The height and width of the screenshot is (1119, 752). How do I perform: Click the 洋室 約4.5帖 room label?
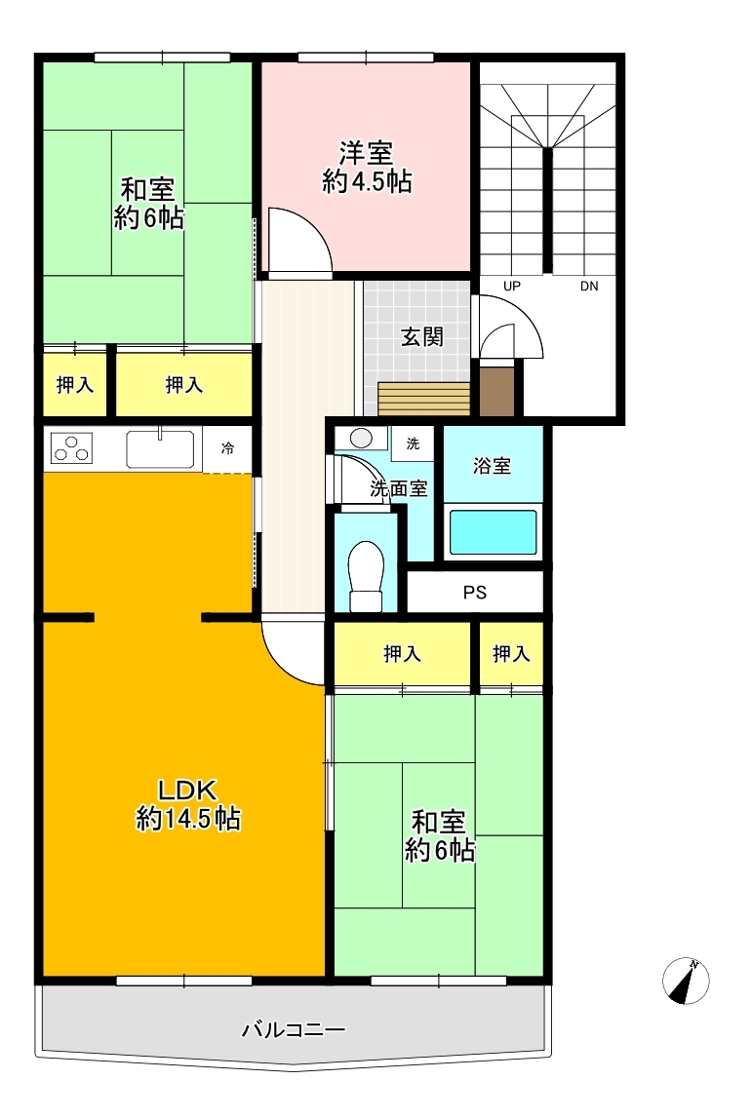tap(367, 168)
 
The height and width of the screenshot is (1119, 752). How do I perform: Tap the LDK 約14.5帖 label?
tap(188, 804)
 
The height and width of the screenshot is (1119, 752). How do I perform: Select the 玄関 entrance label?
tap(422, 337)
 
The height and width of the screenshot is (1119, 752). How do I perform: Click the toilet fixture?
tap(367, 576)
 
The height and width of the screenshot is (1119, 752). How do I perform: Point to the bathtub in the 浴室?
tap(492, 531)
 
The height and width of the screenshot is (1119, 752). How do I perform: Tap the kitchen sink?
tap(161, 447)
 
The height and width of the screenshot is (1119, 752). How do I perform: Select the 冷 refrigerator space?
tap(227, 449)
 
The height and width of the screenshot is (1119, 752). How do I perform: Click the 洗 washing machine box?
tap(412, 444)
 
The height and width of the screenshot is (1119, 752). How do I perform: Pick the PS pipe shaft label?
tap(475, 593)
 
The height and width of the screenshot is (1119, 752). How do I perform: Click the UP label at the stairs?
tap(512, 287)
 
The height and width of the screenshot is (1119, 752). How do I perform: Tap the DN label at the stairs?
tap(589, 287)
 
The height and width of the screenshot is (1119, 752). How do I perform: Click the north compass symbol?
tap(686, 981)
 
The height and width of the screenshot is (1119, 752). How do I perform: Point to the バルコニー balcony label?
tap(294, 1029)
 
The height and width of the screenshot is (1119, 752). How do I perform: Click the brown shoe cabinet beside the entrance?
tap(497, 391)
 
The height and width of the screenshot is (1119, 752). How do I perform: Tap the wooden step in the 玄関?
tap(424, 399)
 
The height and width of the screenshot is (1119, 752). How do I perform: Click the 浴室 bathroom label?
tap(492, 466)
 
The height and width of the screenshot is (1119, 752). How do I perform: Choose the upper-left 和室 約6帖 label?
tap(148, 204)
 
